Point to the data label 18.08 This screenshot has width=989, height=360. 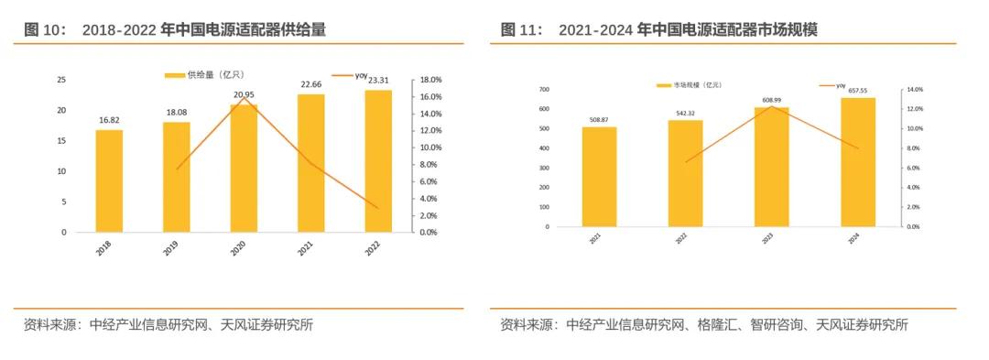coord(176,113)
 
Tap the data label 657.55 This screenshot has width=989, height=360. coord(858,91)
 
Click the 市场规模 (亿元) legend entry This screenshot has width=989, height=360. coord(690,85)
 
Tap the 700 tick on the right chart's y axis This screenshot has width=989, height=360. coord(544,90)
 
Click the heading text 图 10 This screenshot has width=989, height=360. coord(45,30)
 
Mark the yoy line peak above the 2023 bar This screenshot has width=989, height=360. coord(772,106)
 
